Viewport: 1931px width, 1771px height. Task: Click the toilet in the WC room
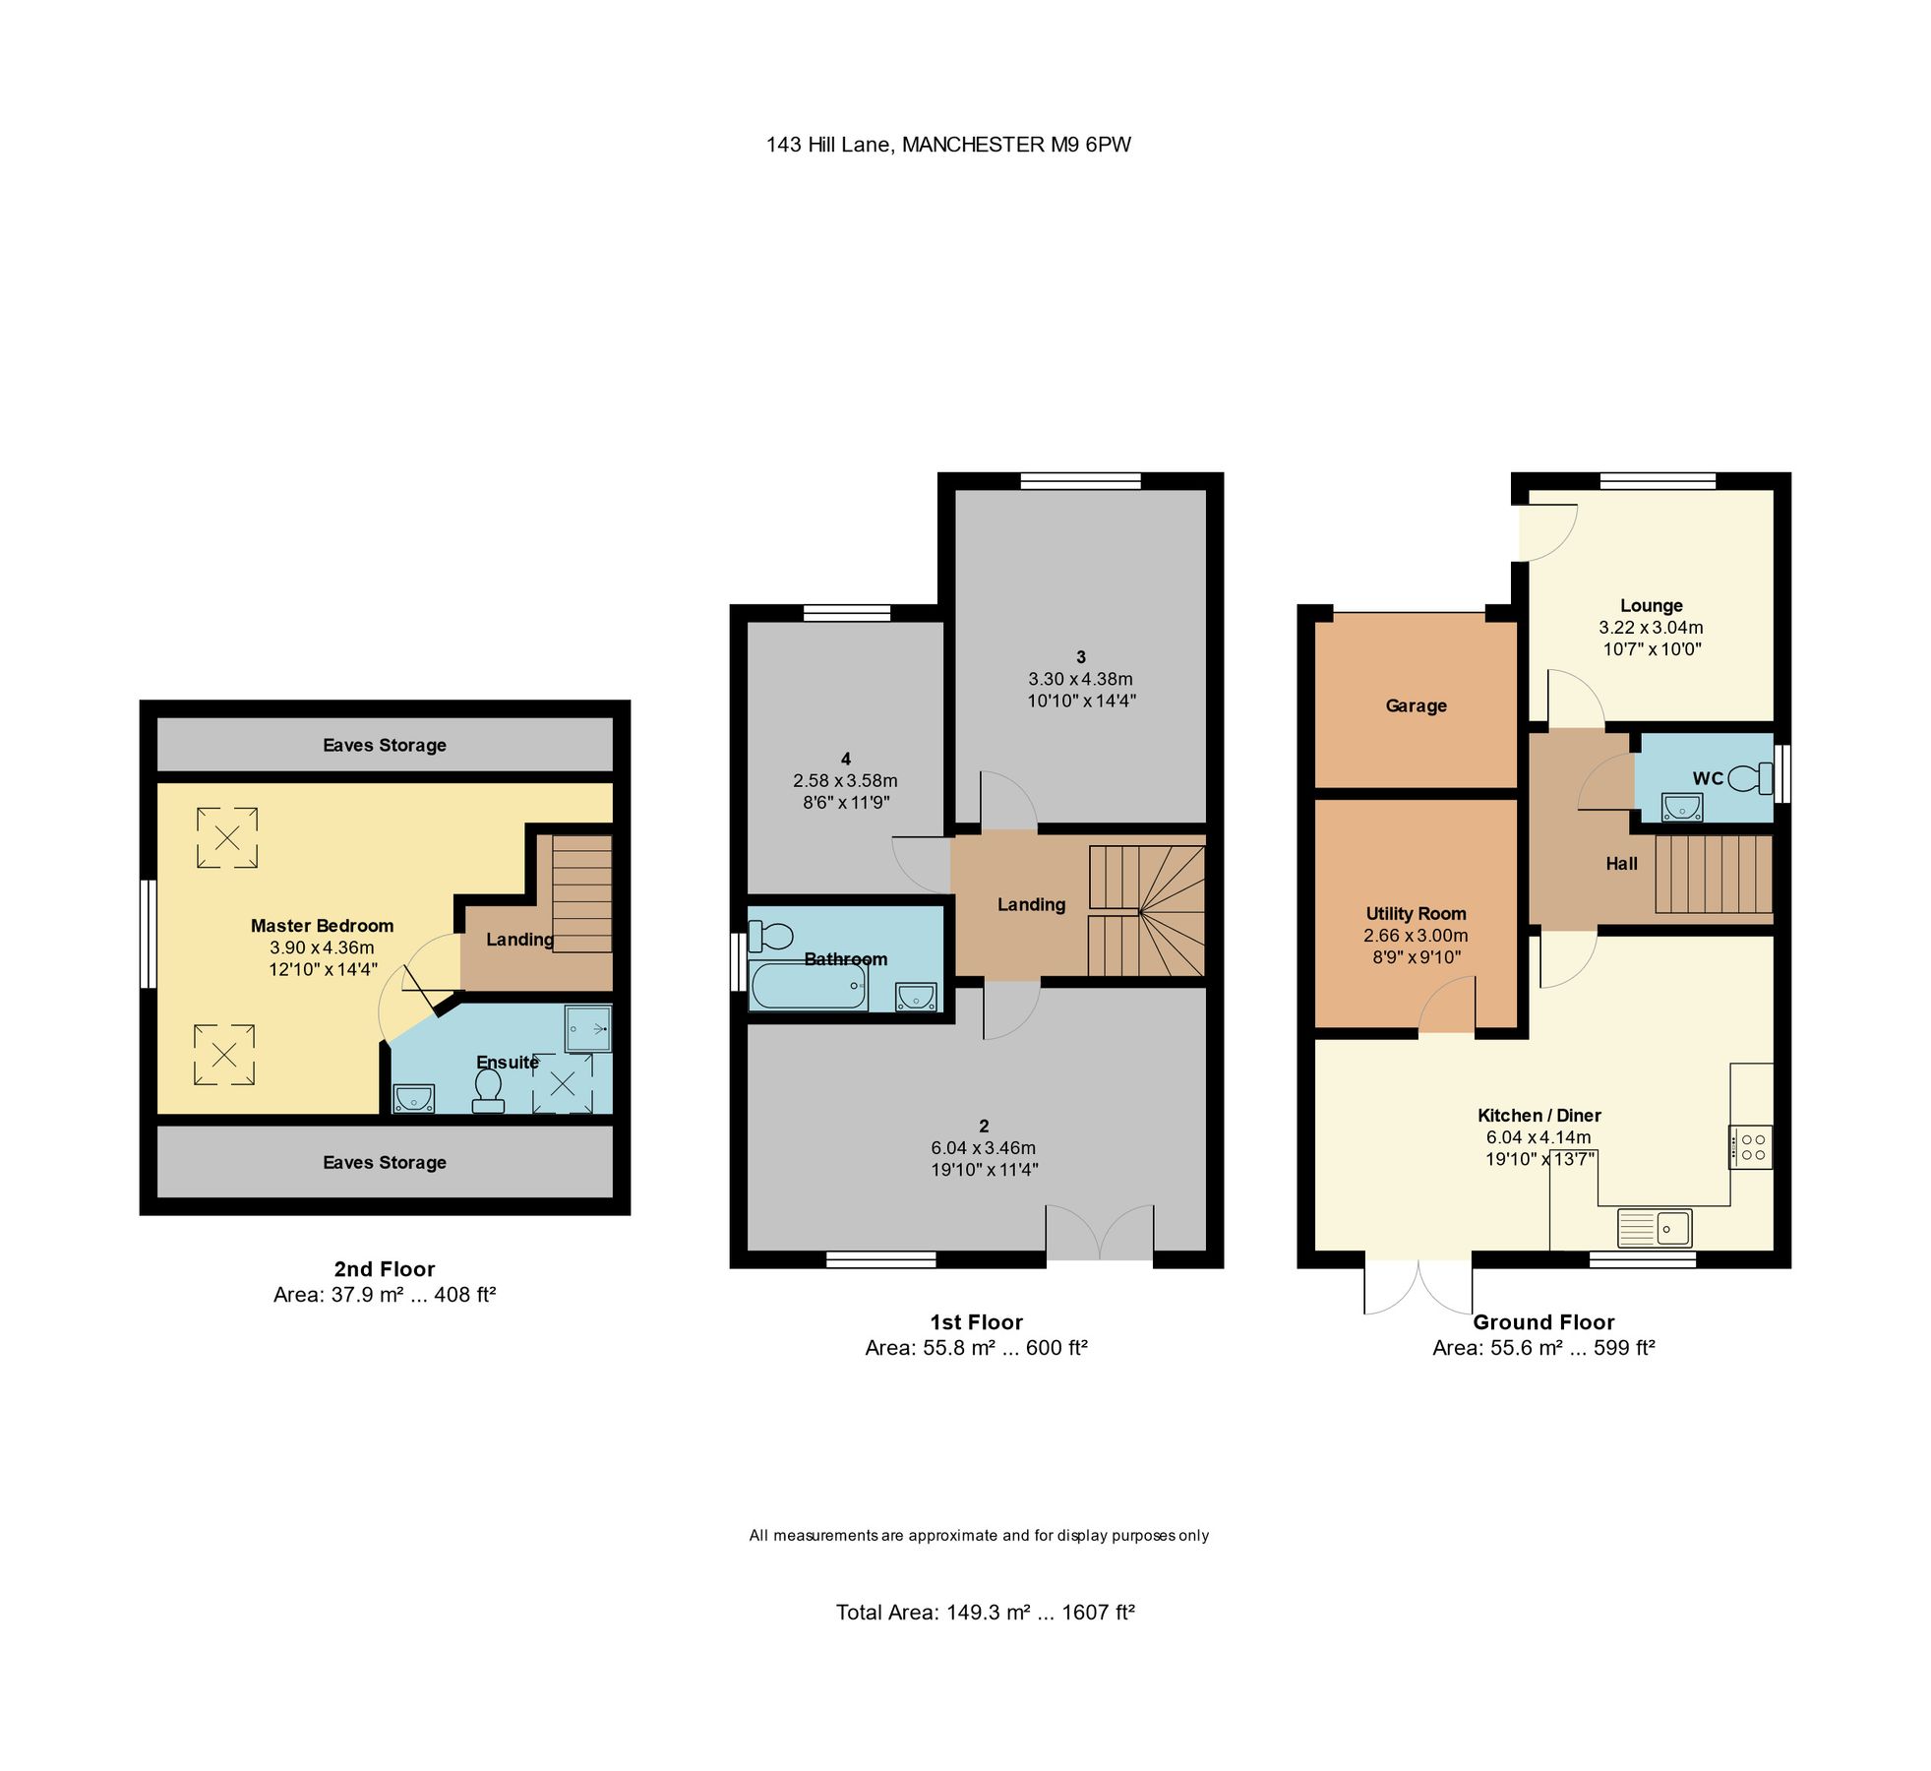pos(1746,779)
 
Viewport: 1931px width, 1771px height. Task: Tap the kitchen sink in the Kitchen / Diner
pos(1655,1228)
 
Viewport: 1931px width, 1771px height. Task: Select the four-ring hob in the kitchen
pos(1751,1147)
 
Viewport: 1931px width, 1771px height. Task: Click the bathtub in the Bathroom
pos(808,985)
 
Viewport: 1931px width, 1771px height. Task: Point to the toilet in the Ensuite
pos(488,1090)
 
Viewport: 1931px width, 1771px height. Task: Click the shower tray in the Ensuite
pos(588,1029)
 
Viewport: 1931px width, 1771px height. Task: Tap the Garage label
pos(1416,705)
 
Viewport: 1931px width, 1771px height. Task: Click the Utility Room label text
pos(1416,914)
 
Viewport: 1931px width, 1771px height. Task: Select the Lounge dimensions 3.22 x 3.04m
pos(1651,628)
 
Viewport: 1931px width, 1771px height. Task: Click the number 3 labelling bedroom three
pos(1081,657)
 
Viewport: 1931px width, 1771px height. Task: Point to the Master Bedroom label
pos(322,926)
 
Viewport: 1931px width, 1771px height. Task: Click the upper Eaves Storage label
pos(385,746)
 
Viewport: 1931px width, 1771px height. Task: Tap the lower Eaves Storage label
pos(385,1163)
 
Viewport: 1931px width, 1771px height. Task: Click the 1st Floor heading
pos(976,1322)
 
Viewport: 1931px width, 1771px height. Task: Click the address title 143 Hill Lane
pos(948,145)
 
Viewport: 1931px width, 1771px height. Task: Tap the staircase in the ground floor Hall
pos(1713,874)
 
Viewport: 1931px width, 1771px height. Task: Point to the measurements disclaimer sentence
pos(979,1536)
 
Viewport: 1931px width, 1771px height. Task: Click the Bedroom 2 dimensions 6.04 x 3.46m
pos(983,1148)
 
